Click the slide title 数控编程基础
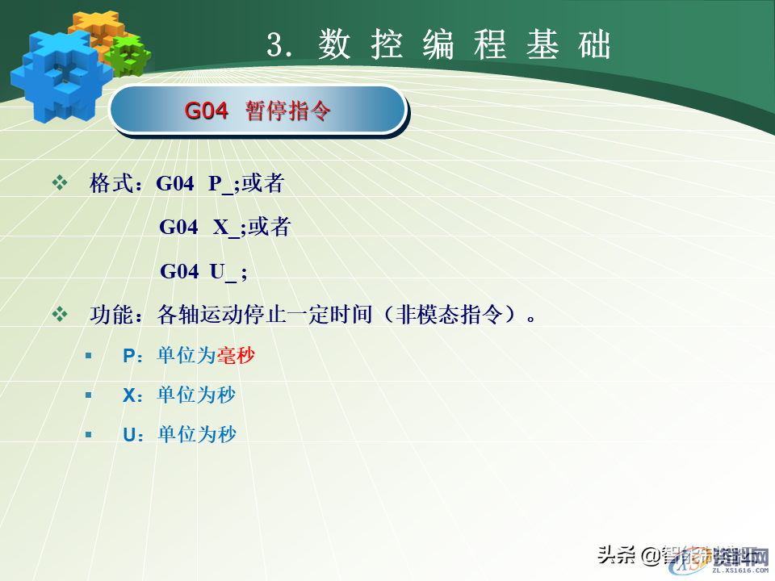(464, 45)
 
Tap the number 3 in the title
(277, 46)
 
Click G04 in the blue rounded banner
(207, 111)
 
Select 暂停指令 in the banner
(289, 111)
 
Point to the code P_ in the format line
(220, 185)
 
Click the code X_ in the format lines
(226, 228)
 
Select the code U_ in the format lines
(223, 271)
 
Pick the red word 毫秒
(236, 355)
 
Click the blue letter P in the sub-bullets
(128, 355)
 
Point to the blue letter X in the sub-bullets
(128, 395)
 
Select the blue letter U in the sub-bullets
(128, 435)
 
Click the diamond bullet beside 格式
(60, 183)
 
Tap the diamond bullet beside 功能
(60, 314)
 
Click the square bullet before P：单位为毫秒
(89, 355)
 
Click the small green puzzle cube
(129, 54)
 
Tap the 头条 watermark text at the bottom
(615, 554)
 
